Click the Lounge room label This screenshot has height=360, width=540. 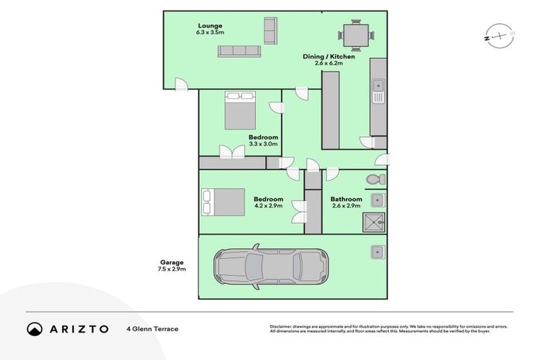pos(210,28)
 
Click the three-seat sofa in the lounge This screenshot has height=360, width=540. pos(239,51)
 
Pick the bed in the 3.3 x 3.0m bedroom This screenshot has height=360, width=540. pos(240,110)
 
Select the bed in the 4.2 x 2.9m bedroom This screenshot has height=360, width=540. pos(223,202)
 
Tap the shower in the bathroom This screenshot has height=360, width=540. pos(374,223)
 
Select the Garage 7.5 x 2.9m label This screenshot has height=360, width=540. pos(172,265)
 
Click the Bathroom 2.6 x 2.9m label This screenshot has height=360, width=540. pos(345,202)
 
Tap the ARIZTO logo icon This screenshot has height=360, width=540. pos(35,329)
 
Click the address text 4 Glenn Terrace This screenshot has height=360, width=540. pos(152,329)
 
